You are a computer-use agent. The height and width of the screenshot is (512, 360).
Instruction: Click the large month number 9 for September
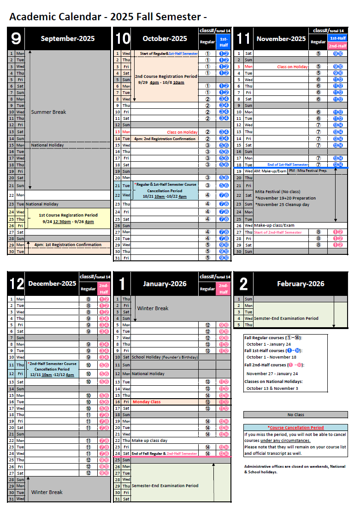point(16,39)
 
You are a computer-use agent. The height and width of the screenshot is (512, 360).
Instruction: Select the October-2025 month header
point(165,39)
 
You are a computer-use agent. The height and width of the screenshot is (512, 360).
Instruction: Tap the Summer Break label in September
point(48,112)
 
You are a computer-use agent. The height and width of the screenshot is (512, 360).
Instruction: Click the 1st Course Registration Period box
point(68,218)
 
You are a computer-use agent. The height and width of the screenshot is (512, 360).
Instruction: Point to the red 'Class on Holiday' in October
point(182,132)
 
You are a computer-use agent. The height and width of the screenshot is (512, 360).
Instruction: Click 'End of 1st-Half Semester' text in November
point(288,165)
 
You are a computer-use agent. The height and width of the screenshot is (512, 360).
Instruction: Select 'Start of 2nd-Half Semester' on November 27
point(277,232)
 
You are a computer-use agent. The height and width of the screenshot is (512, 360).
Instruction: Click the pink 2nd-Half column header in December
point(104,289)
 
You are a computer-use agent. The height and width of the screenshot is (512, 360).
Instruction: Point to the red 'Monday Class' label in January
point(147,402)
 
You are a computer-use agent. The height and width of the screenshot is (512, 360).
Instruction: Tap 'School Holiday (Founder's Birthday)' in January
point(165,357)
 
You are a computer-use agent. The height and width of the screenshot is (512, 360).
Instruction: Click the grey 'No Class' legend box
point(295,415)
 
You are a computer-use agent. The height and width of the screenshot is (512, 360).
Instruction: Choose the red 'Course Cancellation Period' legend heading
point(295,428)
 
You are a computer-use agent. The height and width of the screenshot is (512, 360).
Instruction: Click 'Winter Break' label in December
point(47,492)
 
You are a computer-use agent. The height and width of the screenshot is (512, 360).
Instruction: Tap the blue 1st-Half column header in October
point(224,42)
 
